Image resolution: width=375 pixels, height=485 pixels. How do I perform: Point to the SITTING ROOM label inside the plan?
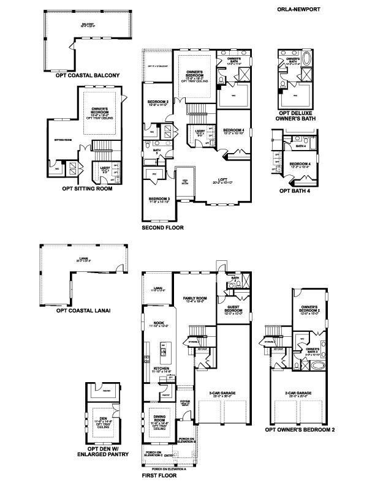[x=64, y=140]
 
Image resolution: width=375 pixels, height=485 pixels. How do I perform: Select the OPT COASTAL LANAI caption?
[x=83, y=310]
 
